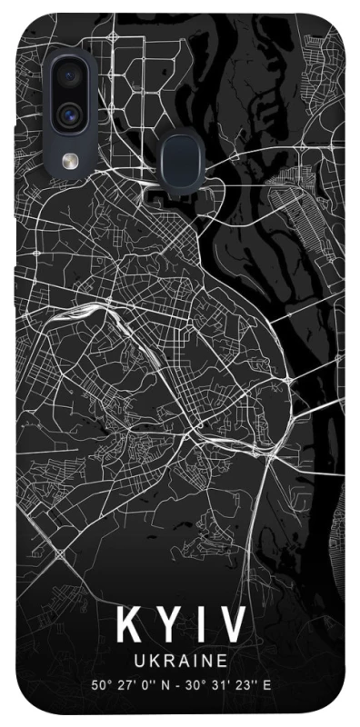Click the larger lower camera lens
coord(69,115)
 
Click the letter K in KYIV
coord(128,627)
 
